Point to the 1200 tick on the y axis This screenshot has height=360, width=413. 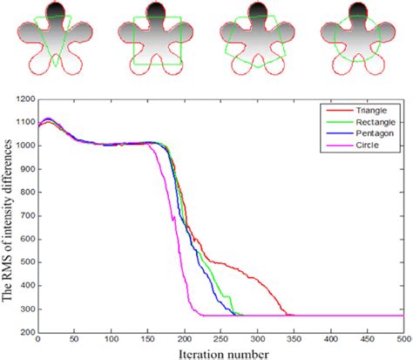tap(24, 101)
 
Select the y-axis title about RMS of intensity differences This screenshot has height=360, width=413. tap(8, 214)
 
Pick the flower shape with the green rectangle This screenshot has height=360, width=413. tap(157, 38)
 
